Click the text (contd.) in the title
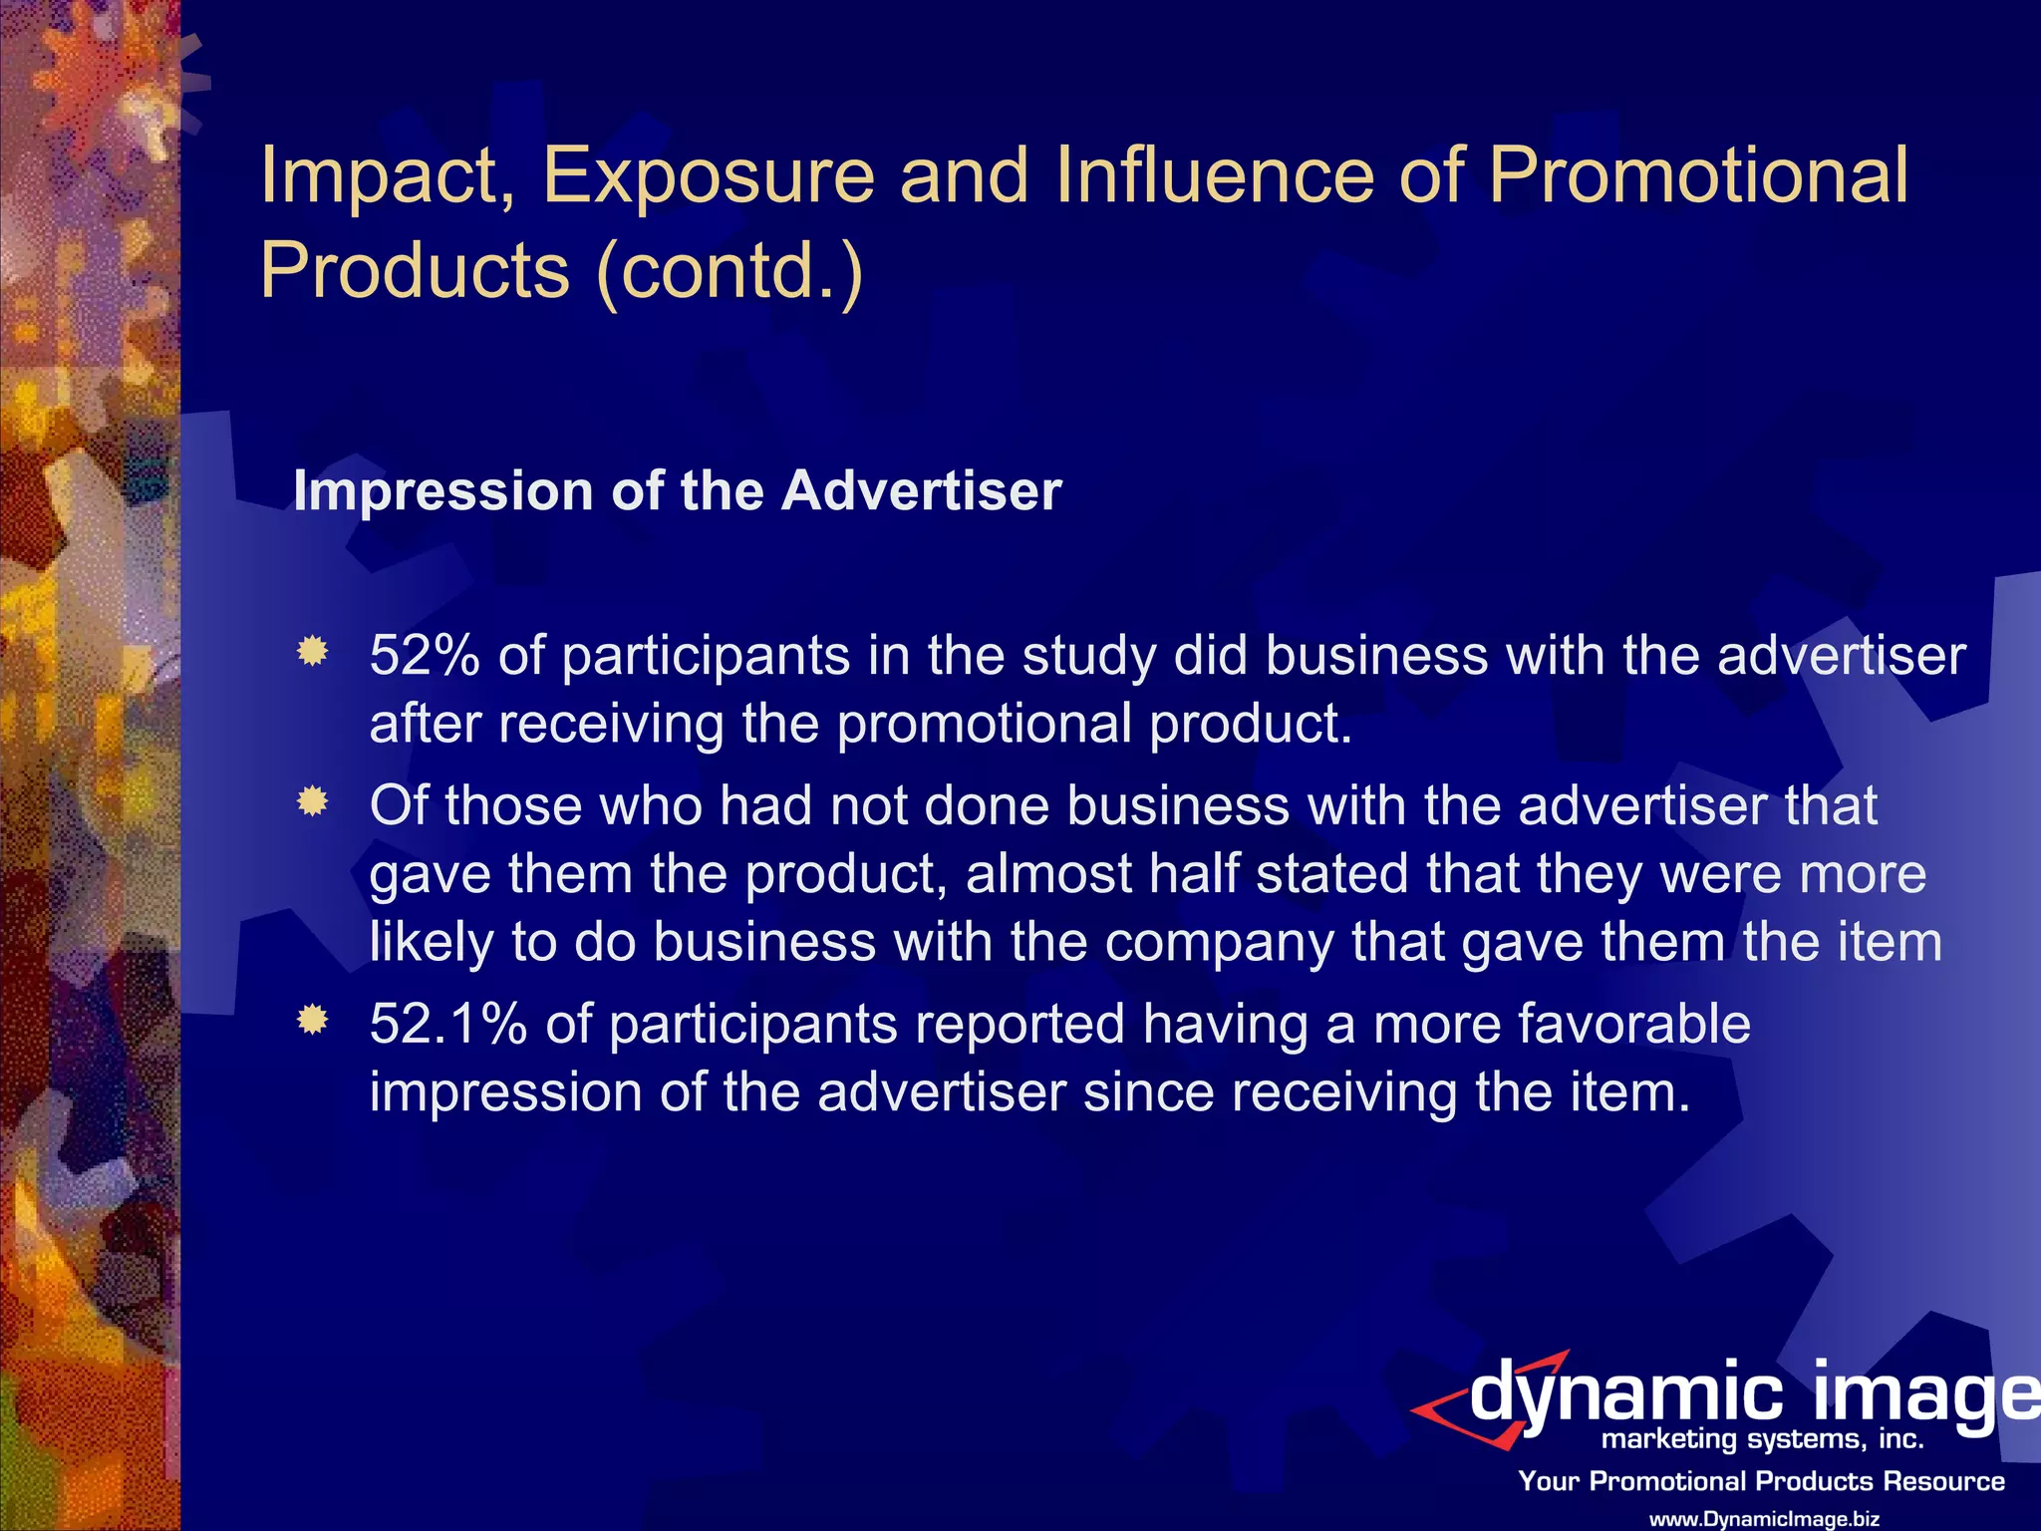click(729, 270)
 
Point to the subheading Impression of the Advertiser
click(677, 491)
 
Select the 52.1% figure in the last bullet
click(447, 1025)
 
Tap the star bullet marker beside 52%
click(313, 652)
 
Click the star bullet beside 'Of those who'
click(313, 801)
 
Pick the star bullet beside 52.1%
click(313, 1021)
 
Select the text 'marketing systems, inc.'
click(1762, 1439)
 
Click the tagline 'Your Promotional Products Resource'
click(1761, 1481)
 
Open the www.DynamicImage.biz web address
click(1764, 1519)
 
